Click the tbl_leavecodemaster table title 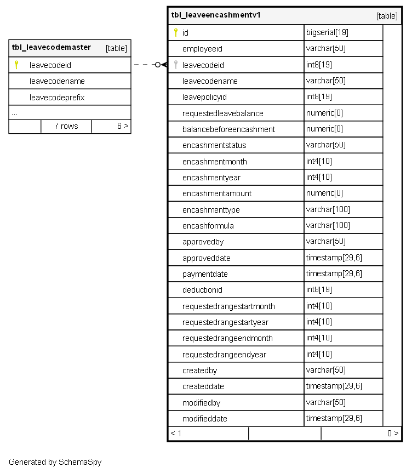tap(51, 48)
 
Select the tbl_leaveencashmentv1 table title tap(216, 15)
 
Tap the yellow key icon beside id tap(175, 33)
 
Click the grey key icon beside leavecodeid tap(175, 65)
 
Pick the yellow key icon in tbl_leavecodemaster tap(16, 65)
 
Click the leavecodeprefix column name tap(57, 98)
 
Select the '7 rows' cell tap(66, 126)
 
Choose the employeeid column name tap(202, 49)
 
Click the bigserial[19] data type tap(327, 33)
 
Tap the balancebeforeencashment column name tap(228, 129)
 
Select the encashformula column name tap(208, 226)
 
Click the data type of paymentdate tap(334, 274)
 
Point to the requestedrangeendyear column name tap(224, 355)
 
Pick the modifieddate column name tap(204, 419)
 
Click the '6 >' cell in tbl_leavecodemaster tap(122, 126)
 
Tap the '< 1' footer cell tap(176, 434)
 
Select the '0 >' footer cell tap(392, 434)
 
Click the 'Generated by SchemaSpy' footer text tap(55, 462)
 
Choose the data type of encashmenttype tap(328, 210)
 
